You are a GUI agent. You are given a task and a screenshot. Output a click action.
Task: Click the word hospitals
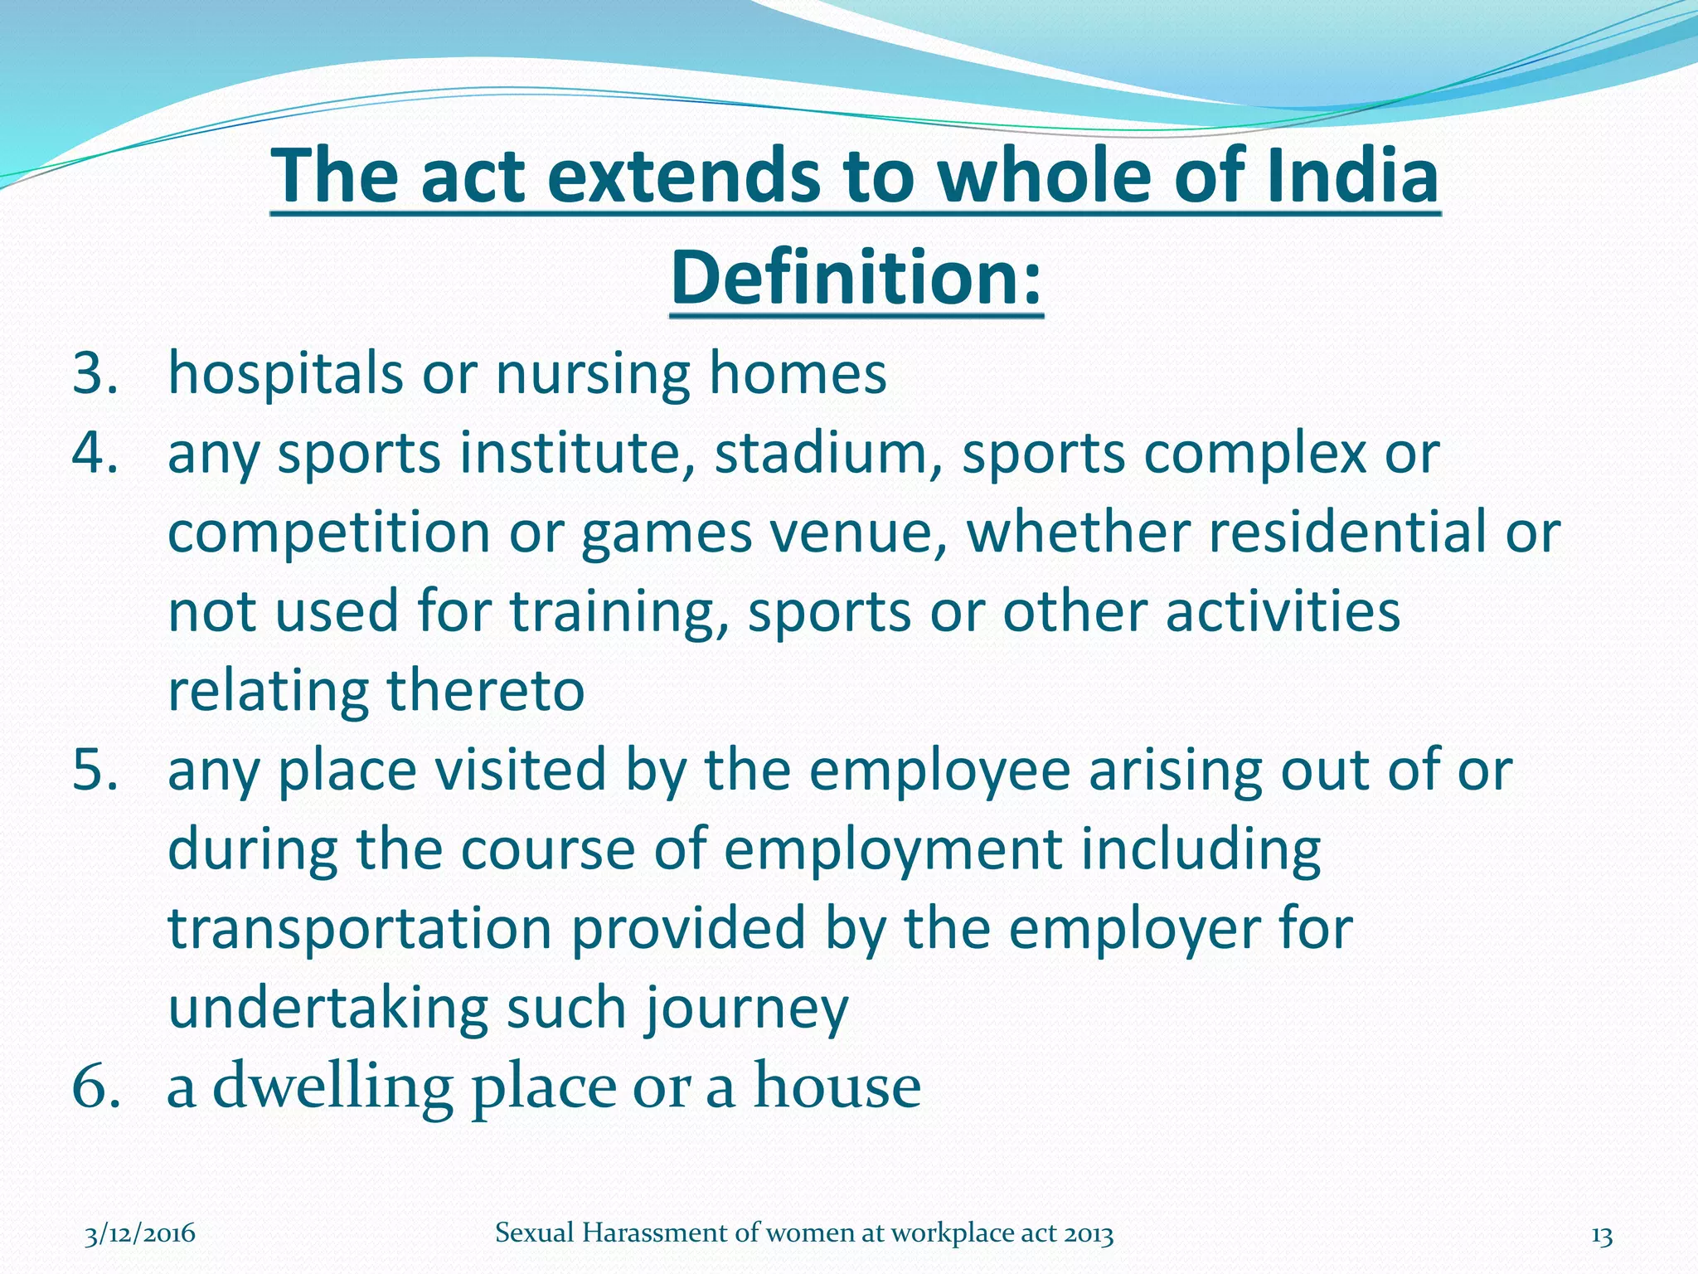[x=285, y=373]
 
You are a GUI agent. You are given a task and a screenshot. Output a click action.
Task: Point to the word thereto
[x=486, y=690]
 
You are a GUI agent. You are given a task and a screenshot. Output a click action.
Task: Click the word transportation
[x=360, y=928]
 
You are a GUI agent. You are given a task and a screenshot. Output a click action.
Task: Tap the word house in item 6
[x=837, y=1087]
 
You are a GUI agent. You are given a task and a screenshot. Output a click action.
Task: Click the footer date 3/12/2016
[x=140, y=1233]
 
